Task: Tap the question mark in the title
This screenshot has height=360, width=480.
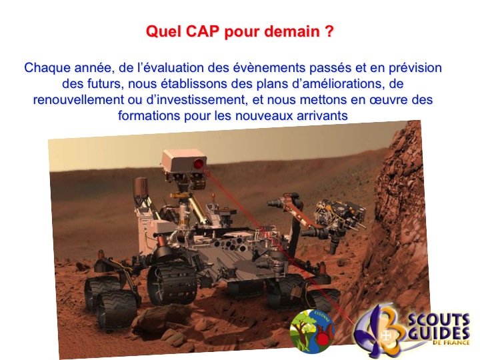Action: click(x=329, y=31)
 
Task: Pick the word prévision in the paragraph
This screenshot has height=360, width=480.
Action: click(x=415, y=68)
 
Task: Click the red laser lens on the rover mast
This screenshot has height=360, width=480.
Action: click(x=199, y=165)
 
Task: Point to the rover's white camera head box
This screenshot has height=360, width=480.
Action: click(x=185, y=161)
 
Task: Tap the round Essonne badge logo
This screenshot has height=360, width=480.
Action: click(x=312, y=331)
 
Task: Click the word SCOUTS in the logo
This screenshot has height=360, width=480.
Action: click(x=439, y=320)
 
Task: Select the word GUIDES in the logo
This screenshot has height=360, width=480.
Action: click(x=439, y=333)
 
